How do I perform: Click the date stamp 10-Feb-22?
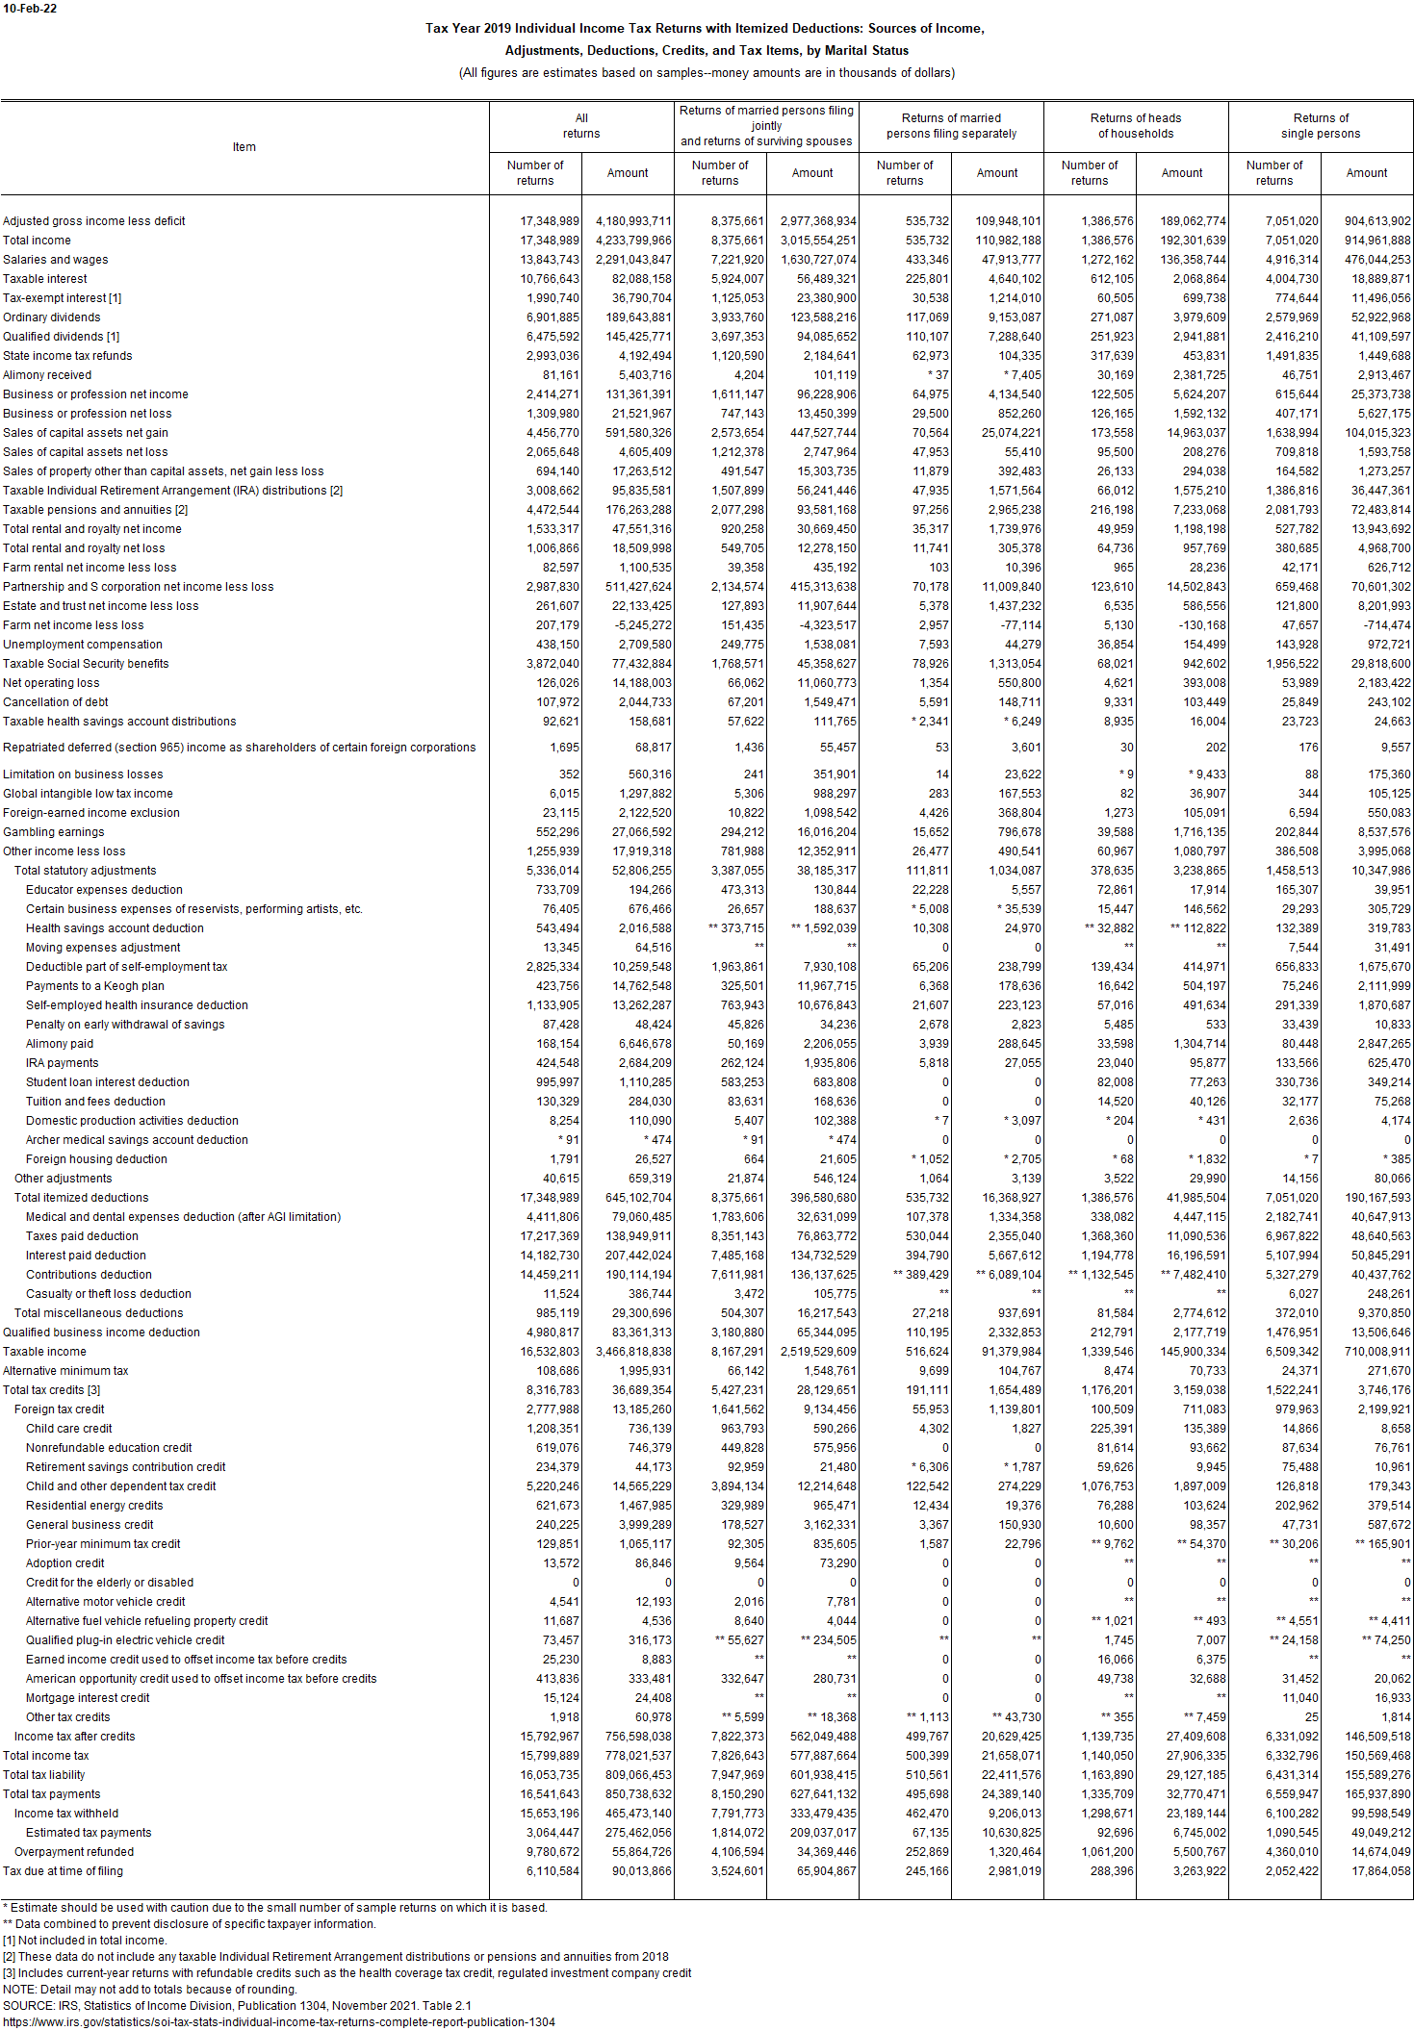click(30, 9)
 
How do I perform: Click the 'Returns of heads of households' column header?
click(1135, 126)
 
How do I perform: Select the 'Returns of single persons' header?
click(1320, 126)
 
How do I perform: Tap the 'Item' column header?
click(244, 147)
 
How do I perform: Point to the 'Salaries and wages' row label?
click(55, 260)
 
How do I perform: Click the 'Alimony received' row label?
click(47, 375)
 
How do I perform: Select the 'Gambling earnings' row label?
click(53, 832)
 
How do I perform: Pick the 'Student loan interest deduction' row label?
click(108, 1082)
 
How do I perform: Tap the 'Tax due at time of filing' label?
click(63, 1871)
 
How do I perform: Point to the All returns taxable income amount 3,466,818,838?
click(633, 1352)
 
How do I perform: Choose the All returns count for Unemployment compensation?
click(553, 645)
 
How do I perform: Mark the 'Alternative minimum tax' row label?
click(65, 1371)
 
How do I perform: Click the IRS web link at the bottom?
click(279, 2022)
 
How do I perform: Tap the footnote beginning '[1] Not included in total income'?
click(85, 1941)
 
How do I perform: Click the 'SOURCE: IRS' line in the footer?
click(237, 2006)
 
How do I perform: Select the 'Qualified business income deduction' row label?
click(101, 1333)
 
